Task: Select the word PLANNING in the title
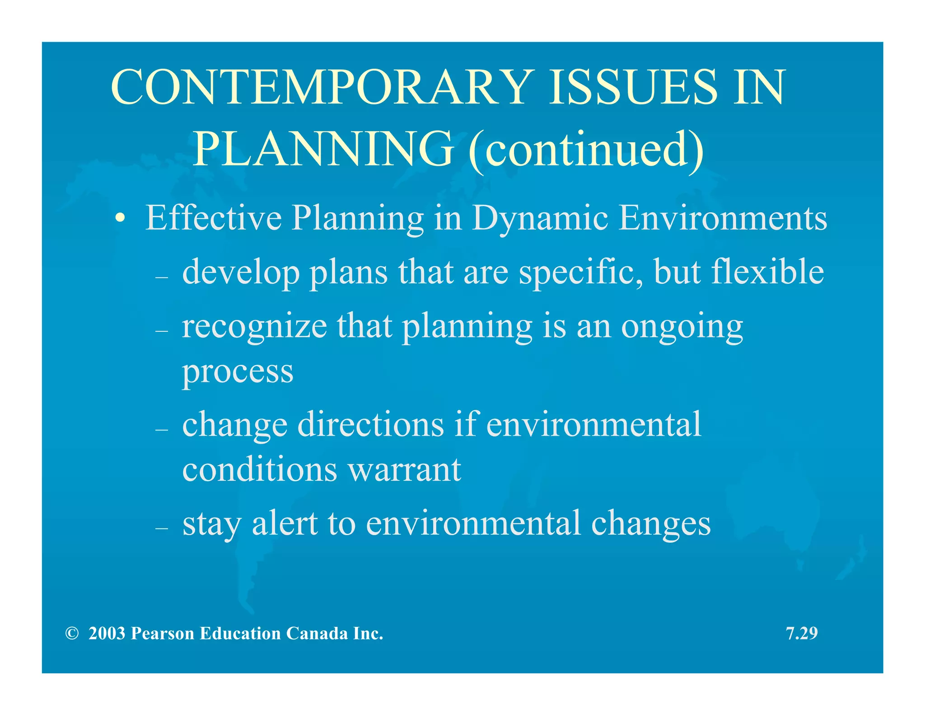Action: [x=323, y=149]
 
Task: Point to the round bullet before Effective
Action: [x=119, y=219]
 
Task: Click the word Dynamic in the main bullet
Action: [x=540, y=218]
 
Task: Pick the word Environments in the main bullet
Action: [x=722, y=218]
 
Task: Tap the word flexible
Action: [x=767, y=272]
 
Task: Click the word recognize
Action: [x=254, y=327]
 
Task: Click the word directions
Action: [x=370, y=425]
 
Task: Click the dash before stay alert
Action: [x=161, y=528]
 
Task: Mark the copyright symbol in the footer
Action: [x=71, y=634]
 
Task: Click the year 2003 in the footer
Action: [x=107, y=634]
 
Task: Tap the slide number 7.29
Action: [x=802, y=634]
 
